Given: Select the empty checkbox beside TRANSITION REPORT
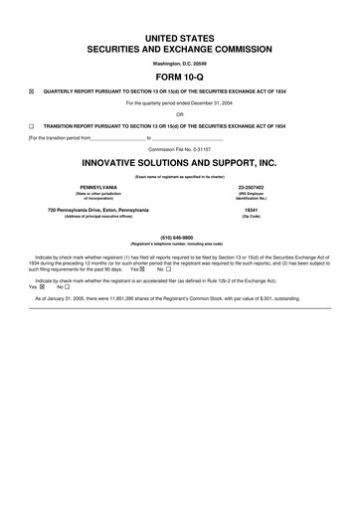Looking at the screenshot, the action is point(32,126).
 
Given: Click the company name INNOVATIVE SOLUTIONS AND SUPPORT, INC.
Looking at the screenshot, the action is point(180,162).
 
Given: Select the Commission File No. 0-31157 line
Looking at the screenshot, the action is point(180,148).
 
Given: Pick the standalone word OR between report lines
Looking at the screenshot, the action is point(180,114).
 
